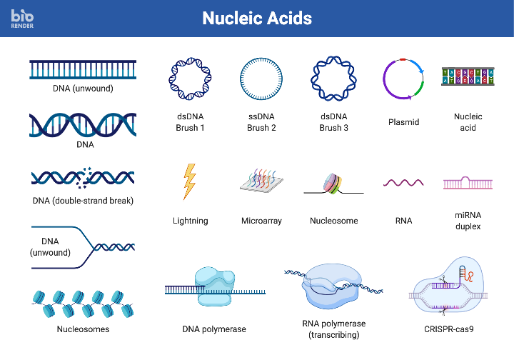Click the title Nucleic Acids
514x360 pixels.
(257, 19)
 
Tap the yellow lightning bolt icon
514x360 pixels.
(189, 181)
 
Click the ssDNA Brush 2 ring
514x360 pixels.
(261, 77)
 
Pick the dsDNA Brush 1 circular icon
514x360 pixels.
(190, 77)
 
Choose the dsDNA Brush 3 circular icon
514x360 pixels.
(333, 77)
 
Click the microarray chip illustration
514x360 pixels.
(261, 182)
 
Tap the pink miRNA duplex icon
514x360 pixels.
(468, 183)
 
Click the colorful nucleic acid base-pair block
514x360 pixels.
(468, 76)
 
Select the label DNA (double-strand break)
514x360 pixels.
(83, 201)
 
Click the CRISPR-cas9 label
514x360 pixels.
(448, 329)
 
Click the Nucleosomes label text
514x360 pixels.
(83, 329)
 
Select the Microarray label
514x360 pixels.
(261, 221)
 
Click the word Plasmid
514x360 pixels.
(403, 122)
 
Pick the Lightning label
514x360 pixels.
(190, 221)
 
